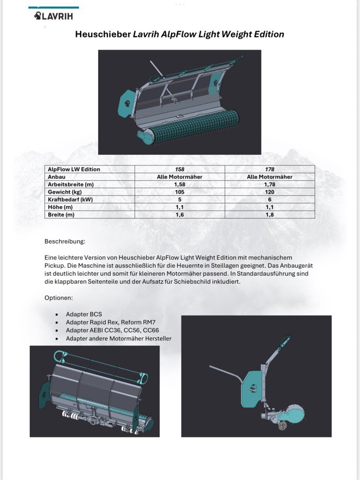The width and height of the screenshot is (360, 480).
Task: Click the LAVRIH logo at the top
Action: (53, 16)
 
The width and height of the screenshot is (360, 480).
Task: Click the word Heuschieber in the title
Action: (103, 34)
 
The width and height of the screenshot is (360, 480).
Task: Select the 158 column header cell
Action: (180, 169)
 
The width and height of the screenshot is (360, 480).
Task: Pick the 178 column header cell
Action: (270, 169)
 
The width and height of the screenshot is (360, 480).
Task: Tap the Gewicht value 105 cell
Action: (180, 192)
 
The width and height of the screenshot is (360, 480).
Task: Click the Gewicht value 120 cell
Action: (270, 192)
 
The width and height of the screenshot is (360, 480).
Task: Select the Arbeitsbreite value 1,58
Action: (180, 185)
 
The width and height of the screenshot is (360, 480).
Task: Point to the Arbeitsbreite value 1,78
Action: (270, 185)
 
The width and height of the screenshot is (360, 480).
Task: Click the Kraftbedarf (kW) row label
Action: (71, 200)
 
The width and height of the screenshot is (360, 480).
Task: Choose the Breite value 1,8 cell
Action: (270, 215)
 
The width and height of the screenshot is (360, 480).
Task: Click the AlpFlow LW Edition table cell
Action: (74, 169)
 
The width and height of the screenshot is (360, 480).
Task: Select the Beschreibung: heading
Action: (65, 241)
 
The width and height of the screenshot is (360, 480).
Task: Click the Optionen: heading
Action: (59, 298)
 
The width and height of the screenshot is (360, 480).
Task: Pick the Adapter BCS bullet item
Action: (84, 314)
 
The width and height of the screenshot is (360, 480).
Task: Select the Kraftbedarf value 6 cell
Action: (270, 200)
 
